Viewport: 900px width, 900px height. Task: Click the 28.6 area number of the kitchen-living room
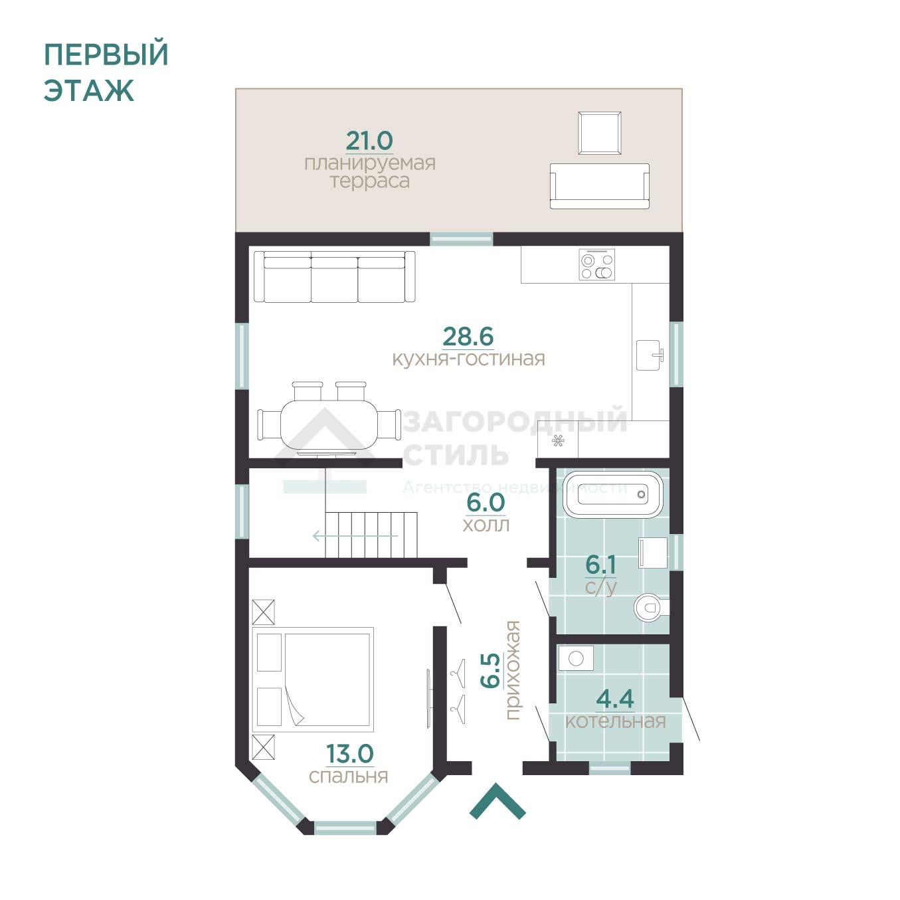pyautogui.click(x=468, y=337)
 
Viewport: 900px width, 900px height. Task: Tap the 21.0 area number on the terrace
pyautogui.click(x=369, y=141)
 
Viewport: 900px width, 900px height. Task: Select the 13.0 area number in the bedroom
pyautogui.click(x=349, y=754)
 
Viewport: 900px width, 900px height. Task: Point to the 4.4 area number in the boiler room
pyautogui.click(x=615, y=699)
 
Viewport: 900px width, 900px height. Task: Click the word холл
pyautogui.click(x=486, y=525)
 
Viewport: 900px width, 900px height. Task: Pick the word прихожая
pyautogui.click(x=512, y=670)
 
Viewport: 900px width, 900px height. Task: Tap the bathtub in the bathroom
pyautogui.click(x=612, y=494)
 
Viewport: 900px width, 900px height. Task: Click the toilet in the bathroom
pyautogui.click(x=650, y=607)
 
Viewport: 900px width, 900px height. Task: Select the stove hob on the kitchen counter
pyautogui.click(x=596, y=265)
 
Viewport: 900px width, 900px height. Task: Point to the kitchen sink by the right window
pyautogui.click(x=649, y=355)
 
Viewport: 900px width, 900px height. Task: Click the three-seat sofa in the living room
pyautogui.click(x=334, y=277)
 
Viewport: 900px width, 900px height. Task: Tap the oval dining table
pyautogui.click(x=328, y=423)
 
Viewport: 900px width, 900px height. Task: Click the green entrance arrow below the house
pyautogui.click(x=497, y=801)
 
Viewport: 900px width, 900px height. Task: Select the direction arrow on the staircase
pyautogui.click(x=355, y=535)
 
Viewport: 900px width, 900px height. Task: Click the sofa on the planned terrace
pyautogui.click(x=599, y=186)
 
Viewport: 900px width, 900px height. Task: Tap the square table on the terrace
pyautogui.click(x=599, y=133)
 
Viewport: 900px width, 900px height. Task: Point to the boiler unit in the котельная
pyautogui.click(x=575, y=659)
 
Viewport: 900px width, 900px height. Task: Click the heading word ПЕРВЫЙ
pyautogui.click(x=106, y=55)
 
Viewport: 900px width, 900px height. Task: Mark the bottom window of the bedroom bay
pyautogui.click(x=345, y=828)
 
